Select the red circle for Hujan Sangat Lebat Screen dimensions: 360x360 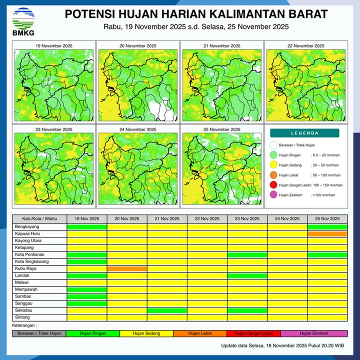pos(273,185)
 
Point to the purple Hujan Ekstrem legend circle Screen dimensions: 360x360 pos(273,195)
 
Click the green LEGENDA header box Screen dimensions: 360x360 pos(304,133)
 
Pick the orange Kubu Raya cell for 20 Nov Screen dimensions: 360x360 pos(127,268)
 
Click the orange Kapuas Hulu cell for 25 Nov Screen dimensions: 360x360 pos(327,233)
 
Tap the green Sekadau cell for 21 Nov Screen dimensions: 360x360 pos(167,310)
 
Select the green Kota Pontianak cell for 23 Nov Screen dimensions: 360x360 pos(247,254)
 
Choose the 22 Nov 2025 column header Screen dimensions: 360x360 pos(207,219)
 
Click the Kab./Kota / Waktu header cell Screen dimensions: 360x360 pos(39,219)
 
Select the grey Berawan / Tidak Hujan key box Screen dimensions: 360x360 pos(39,333)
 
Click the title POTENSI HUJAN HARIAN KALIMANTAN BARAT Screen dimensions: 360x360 pos(196,13)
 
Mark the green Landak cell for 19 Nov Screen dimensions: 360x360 pos(87,275)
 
